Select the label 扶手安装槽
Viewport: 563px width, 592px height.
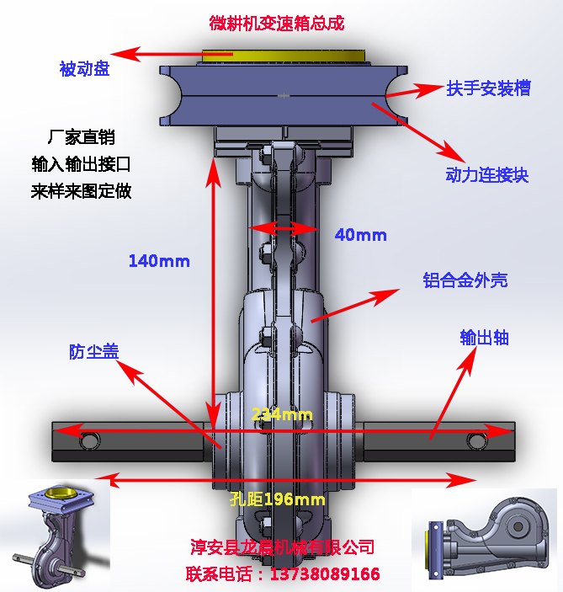(488, 88)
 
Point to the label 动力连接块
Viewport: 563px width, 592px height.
(486, 175)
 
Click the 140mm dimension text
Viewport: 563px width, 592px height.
(159, 261)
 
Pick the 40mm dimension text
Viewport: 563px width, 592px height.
(360, 235)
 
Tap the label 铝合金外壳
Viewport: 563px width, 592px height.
(465, 280)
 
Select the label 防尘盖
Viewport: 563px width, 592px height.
(93, 352)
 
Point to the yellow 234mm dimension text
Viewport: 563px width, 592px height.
(282, 414)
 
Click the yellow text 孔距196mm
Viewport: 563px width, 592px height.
(277, 499)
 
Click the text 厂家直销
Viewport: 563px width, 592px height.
(82, 137)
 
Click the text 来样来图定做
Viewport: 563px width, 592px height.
(82, 191)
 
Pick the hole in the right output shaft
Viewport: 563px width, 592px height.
(475, 441)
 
